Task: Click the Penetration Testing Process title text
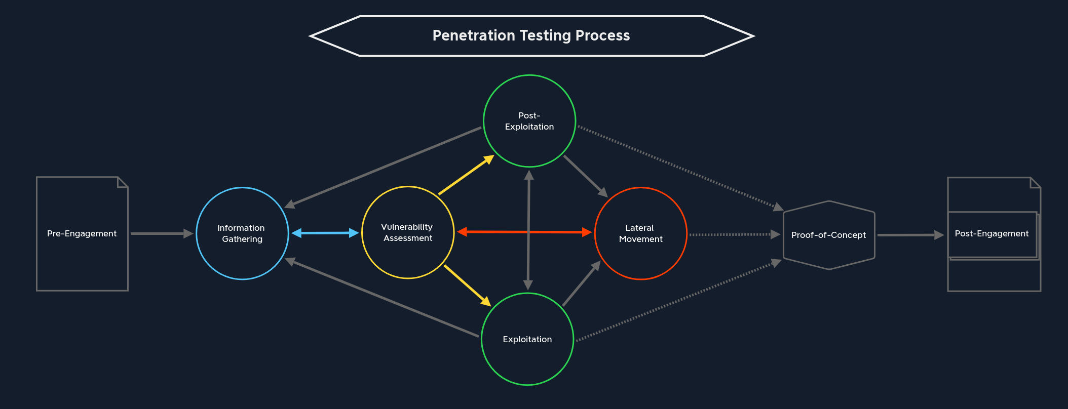click(x=531, y=35)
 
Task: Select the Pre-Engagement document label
click(x=82, y=233)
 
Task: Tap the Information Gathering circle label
click(x=242, y=233)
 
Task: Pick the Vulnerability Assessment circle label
click(x=407, y=232)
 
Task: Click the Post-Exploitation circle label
click(x=529, y=121)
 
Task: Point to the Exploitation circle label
click(x=527, y=339)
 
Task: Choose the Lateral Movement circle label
click(x=640, y=233)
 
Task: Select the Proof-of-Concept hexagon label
click(x=828, y=235)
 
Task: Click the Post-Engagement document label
click(x=991, y=233)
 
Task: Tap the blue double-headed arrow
click(x=325, y=233)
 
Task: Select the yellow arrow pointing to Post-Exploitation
click(x=465, y=175)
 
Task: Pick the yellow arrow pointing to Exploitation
click(x=467, y=285)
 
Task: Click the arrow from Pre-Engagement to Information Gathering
click(x=161, y=233)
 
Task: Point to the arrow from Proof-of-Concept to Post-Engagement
click(x=910, y=235)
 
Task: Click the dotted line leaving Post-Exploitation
click(x=679, y=167)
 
